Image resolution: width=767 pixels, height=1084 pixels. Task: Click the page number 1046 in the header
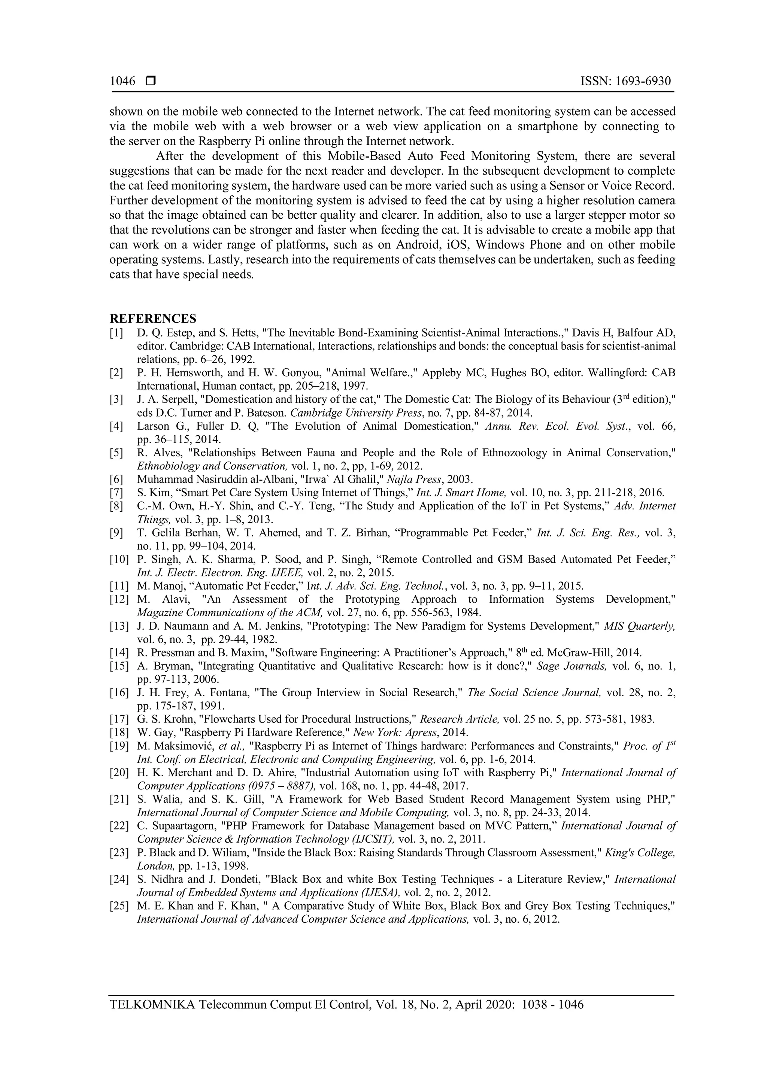point(122,82)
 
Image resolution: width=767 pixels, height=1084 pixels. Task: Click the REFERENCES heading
point(152,318)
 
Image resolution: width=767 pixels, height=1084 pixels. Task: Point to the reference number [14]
point(119,653)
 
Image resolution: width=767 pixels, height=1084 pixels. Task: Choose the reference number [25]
point(119,906)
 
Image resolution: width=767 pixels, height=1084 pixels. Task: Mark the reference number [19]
point(119,746)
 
